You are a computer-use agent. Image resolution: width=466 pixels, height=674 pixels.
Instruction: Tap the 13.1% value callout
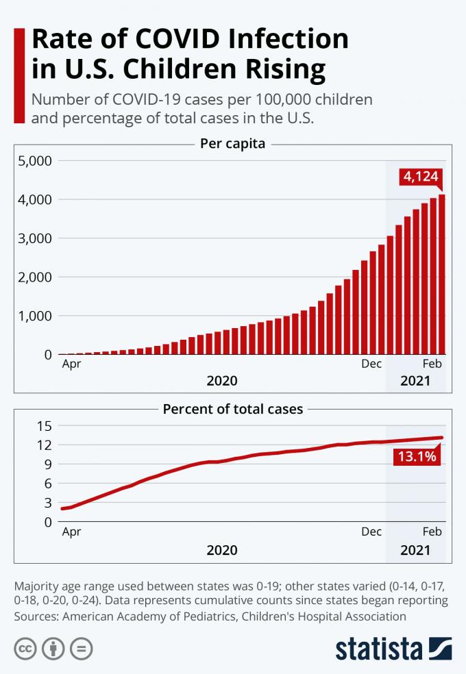[417, 456]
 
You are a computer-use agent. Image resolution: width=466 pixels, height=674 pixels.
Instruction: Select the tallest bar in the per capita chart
[442, 274]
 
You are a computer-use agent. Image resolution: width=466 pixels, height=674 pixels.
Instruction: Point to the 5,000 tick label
[34, 161]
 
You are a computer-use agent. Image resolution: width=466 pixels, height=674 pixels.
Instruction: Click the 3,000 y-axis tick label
[34, 238]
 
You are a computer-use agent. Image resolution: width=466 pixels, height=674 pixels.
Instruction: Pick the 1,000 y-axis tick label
[34, 316]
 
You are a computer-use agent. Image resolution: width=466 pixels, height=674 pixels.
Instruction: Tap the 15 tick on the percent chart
[44, 425]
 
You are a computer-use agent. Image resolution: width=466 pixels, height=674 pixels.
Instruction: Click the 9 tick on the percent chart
[48, 464]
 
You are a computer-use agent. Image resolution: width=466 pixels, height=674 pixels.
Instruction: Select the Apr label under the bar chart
[71, 364]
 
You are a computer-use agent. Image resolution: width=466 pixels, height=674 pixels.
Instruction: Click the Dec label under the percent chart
[371, 532]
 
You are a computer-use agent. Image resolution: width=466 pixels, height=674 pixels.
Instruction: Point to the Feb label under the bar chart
[432, 364]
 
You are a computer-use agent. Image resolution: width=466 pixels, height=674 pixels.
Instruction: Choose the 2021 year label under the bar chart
[415, 381]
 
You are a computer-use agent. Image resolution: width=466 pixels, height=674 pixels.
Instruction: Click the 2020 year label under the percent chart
[222, 549]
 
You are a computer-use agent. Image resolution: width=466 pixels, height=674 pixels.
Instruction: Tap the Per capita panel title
[232, 144]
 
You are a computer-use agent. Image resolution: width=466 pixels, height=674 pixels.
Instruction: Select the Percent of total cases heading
[232, 410]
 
